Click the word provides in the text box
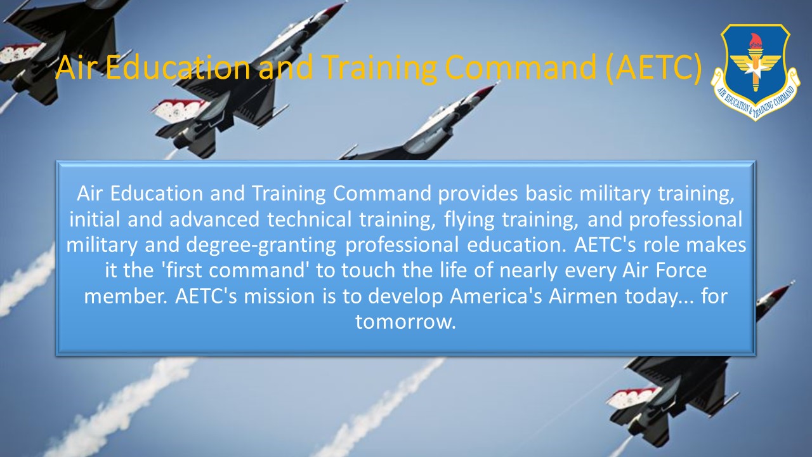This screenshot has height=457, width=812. (478, 194)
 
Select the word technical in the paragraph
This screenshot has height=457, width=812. (309, 220)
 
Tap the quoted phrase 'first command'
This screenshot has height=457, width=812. (236, 270)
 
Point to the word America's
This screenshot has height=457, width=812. (496, 296)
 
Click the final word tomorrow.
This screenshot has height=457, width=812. (405, 322)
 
